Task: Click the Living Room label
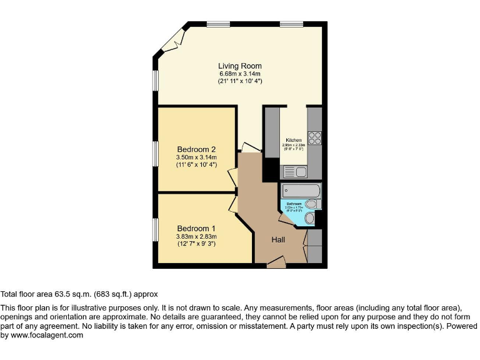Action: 240,66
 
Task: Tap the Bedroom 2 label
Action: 196,149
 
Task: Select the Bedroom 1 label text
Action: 196,228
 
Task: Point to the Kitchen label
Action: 294,140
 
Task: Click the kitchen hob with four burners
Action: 314,138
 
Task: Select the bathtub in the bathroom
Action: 301,190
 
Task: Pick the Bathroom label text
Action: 294,204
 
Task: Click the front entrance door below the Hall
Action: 276,264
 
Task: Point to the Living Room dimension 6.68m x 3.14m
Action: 240,74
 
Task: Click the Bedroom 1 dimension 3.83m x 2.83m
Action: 196,237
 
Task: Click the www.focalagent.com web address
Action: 47,336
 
